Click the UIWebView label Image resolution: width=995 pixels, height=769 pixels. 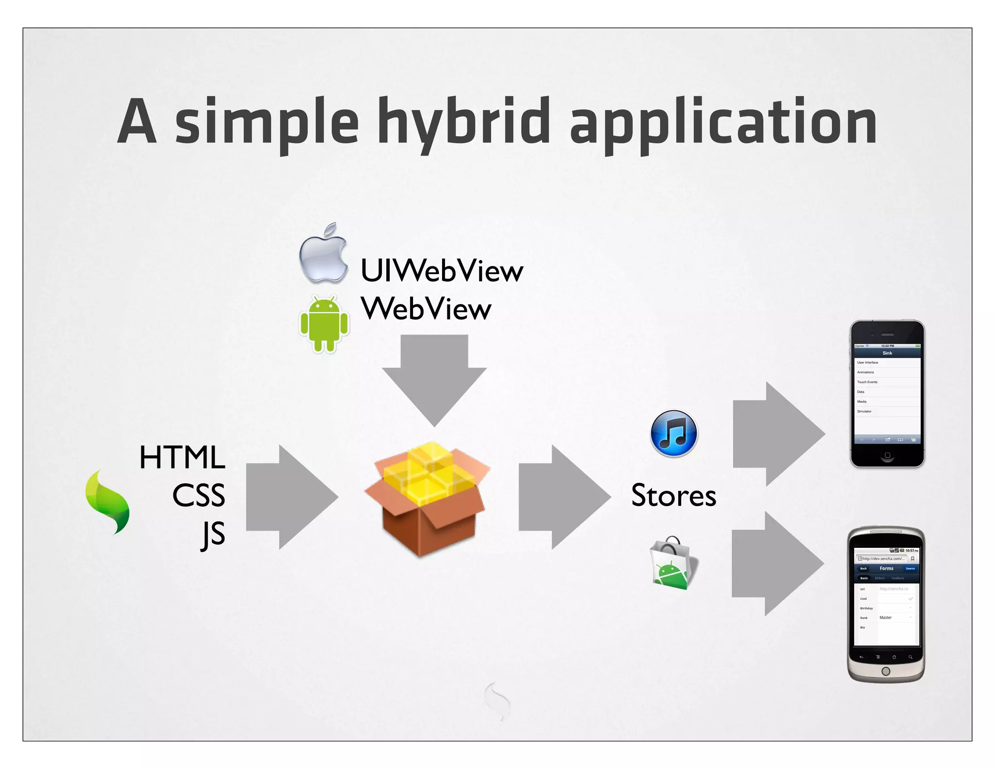click(x=441, y=271)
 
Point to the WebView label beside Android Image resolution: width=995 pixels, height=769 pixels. click(x=426, y=309)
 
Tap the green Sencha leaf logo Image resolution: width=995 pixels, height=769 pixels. click(x=107, y=502)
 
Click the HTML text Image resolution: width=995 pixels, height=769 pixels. click(x=182, y=457)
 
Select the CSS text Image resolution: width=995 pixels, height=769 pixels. click(x=198, y=495)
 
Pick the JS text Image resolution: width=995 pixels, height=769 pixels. click(x=213, y=534)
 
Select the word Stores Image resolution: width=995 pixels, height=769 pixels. click(x=673, y=496)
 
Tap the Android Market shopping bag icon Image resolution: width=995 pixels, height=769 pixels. click(x=673, y=563)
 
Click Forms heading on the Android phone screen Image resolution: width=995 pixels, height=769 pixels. click(x=886, y=568)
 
